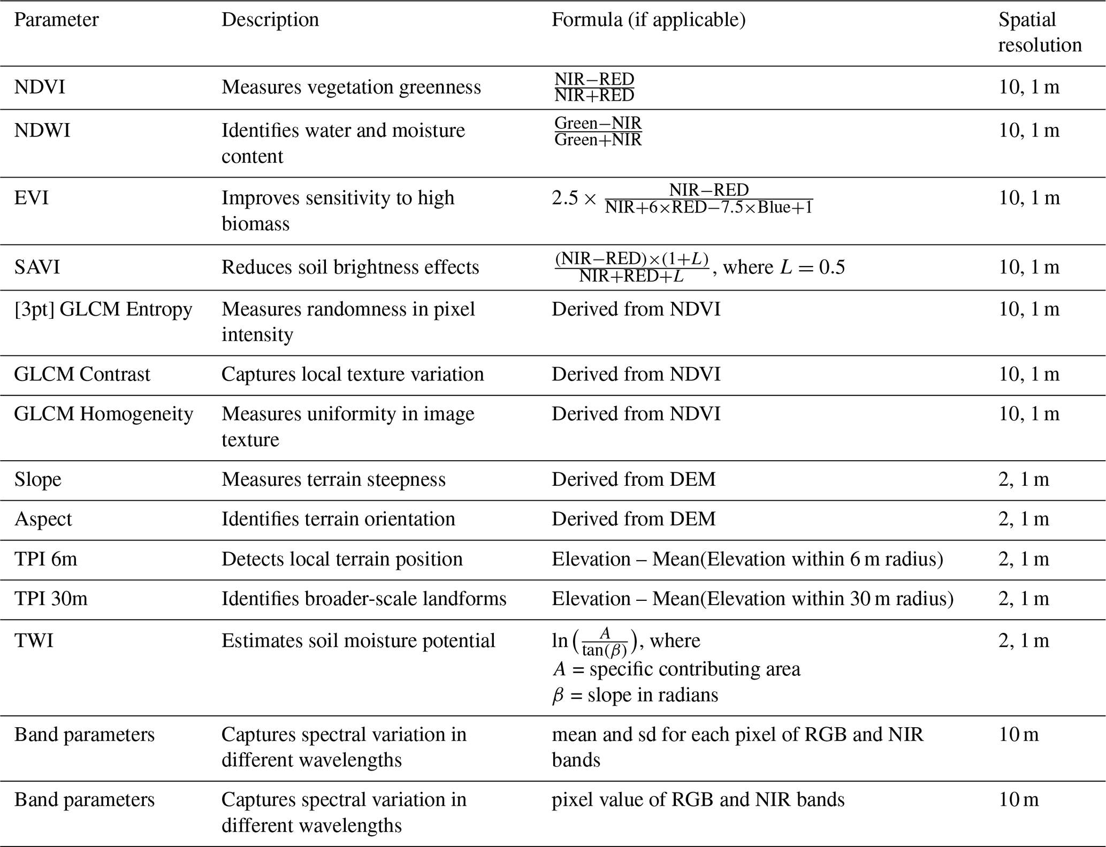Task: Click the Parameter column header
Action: (x=56, y=20)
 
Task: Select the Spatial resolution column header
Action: (x=1039, y=32)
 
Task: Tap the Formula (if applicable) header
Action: (x=649, y=20)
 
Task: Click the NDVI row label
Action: (x=40, y=87)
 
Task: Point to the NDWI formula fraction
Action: (x=598, y=131)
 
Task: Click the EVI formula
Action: (x=682, y=199)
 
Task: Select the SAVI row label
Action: (x=37, y=267)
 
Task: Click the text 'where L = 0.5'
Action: (x=784, y=267)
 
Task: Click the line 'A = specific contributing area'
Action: (x=676, y=669)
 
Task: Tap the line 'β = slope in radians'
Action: (x=635, y=695)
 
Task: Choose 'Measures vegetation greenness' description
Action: (x=351, y=87)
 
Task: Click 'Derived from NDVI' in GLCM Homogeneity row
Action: (x=636, y=414)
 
